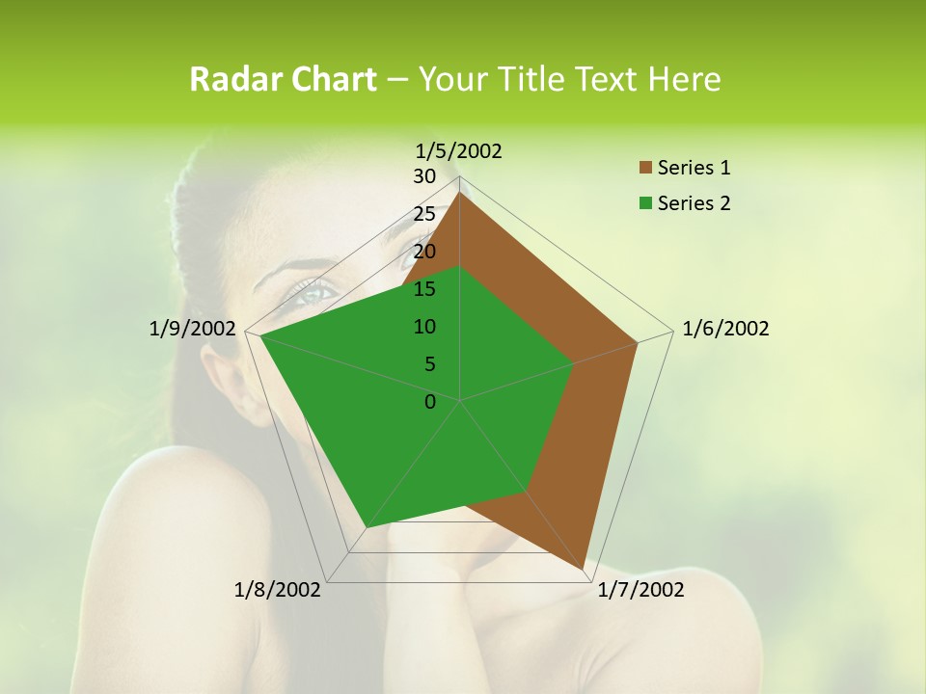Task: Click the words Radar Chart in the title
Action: point(283,79)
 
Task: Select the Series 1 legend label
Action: point(694,168)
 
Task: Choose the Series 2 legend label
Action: point(694,203)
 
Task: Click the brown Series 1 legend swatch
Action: point(645,168)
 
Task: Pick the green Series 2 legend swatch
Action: point(645,203)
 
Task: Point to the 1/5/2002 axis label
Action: point(458,150)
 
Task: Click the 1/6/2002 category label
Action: point(725,329)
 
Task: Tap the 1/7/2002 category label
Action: point(640,589)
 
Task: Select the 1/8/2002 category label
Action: point(278,589)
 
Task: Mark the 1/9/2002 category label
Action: point(192,329)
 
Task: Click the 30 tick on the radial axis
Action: point(424,176)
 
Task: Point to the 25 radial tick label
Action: point(424,214)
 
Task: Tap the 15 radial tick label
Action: point(424,289)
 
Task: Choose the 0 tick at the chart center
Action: point(430,402)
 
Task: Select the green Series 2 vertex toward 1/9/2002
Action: point(260,335)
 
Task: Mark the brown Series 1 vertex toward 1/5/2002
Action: point(459,193)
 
